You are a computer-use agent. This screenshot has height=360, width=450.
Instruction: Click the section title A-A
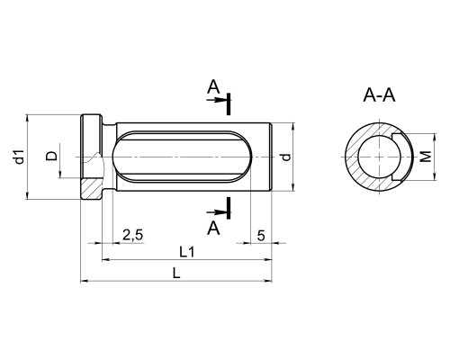379,95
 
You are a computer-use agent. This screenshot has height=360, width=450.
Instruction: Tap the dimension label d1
19,157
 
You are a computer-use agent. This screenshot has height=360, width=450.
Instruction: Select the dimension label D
51,156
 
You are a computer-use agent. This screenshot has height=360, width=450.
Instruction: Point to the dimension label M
426,157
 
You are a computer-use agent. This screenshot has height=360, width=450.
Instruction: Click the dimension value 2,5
133,235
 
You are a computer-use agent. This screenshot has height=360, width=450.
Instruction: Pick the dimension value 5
261,236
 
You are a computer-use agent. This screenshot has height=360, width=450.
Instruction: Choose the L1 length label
187,252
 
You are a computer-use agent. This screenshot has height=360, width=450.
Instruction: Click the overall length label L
176,273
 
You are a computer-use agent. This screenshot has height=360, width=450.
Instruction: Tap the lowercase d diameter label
287,157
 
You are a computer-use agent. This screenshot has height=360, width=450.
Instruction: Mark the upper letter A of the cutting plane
213,87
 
